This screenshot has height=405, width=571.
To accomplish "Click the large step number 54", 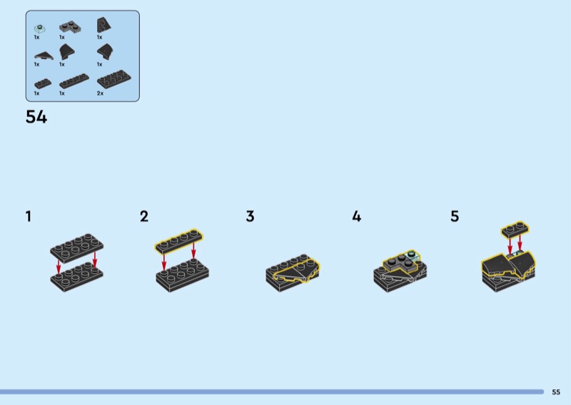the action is coord(36,117).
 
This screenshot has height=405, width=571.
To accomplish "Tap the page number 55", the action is coord(556,392).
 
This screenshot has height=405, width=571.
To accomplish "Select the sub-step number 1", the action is coord(29,216).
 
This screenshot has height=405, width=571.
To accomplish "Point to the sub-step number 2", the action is coord(144,216).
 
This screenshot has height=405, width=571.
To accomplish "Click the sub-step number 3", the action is coord(250,216).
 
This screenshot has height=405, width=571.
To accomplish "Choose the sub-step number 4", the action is coord(356,216).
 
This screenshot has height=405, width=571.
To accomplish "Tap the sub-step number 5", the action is coord(455,216).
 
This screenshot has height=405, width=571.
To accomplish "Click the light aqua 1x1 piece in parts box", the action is coord(40,29).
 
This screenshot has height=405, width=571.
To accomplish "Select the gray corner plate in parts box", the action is coord(70,27).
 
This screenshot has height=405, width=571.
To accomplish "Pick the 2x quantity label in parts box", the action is coord(100,93).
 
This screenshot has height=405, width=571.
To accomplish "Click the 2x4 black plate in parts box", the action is coord(114,79).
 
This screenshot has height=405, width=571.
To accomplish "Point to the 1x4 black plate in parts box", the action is coord(74,81).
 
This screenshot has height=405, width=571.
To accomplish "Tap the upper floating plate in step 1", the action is coord(77,247).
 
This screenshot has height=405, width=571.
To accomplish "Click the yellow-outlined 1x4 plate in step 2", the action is coord(179,241).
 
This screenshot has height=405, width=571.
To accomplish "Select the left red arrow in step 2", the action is coord(164,262).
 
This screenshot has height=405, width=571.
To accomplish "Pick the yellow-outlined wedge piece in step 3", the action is coord(297,271).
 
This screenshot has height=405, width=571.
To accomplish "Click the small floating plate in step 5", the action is coord(515,229).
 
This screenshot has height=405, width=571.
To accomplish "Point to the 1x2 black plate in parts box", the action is coord(43,83).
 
